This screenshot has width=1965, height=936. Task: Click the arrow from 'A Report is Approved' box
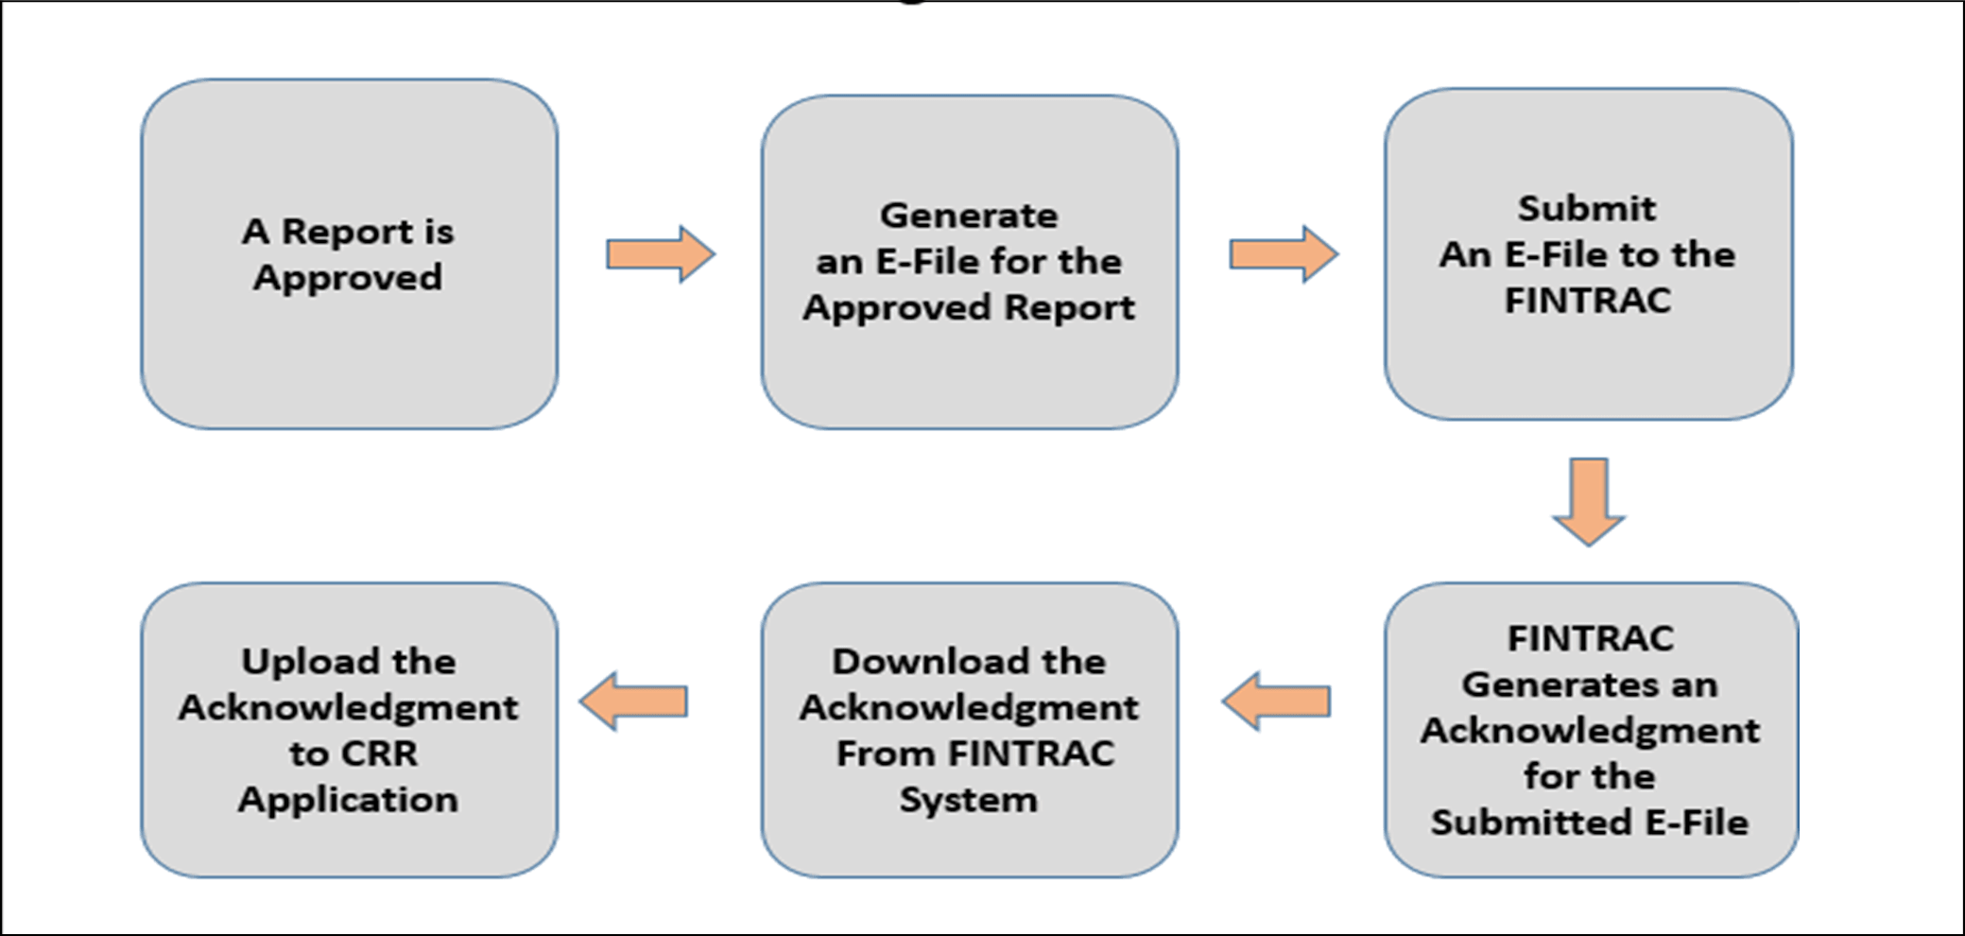(660, 254)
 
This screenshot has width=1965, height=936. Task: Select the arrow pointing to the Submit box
(1283, 254)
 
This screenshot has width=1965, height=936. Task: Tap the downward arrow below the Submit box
(1589, 502)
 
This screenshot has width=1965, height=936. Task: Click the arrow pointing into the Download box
(1277, 702)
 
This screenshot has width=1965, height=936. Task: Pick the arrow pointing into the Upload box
(634, 702)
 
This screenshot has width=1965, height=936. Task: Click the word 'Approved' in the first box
(348, 278)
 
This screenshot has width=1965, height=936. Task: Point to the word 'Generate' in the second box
(969, 216)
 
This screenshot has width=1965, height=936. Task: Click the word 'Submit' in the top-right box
(1587, 208)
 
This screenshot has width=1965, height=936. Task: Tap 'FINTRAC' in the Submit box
(1588, 301)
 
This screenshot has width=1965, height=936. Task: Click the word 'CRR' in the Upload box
(379, 754)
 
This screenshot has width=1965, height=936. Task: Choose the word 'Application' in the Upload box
(348, 800)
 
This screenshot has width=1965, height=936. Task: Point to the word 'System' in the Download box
(969, 800)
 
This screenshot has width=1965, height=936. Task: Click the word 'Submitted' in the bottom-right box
(1532, 823)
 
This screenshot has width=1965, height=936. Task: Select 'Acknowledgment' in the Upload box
(348, 707)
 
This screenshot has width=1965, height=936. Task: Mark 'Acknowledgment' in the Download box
(969, 707)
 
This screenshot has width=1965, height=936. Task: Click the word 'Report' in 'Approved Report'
(1069, 307)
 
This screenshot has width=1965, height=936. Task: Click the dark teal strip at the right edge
(1881, 468)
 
